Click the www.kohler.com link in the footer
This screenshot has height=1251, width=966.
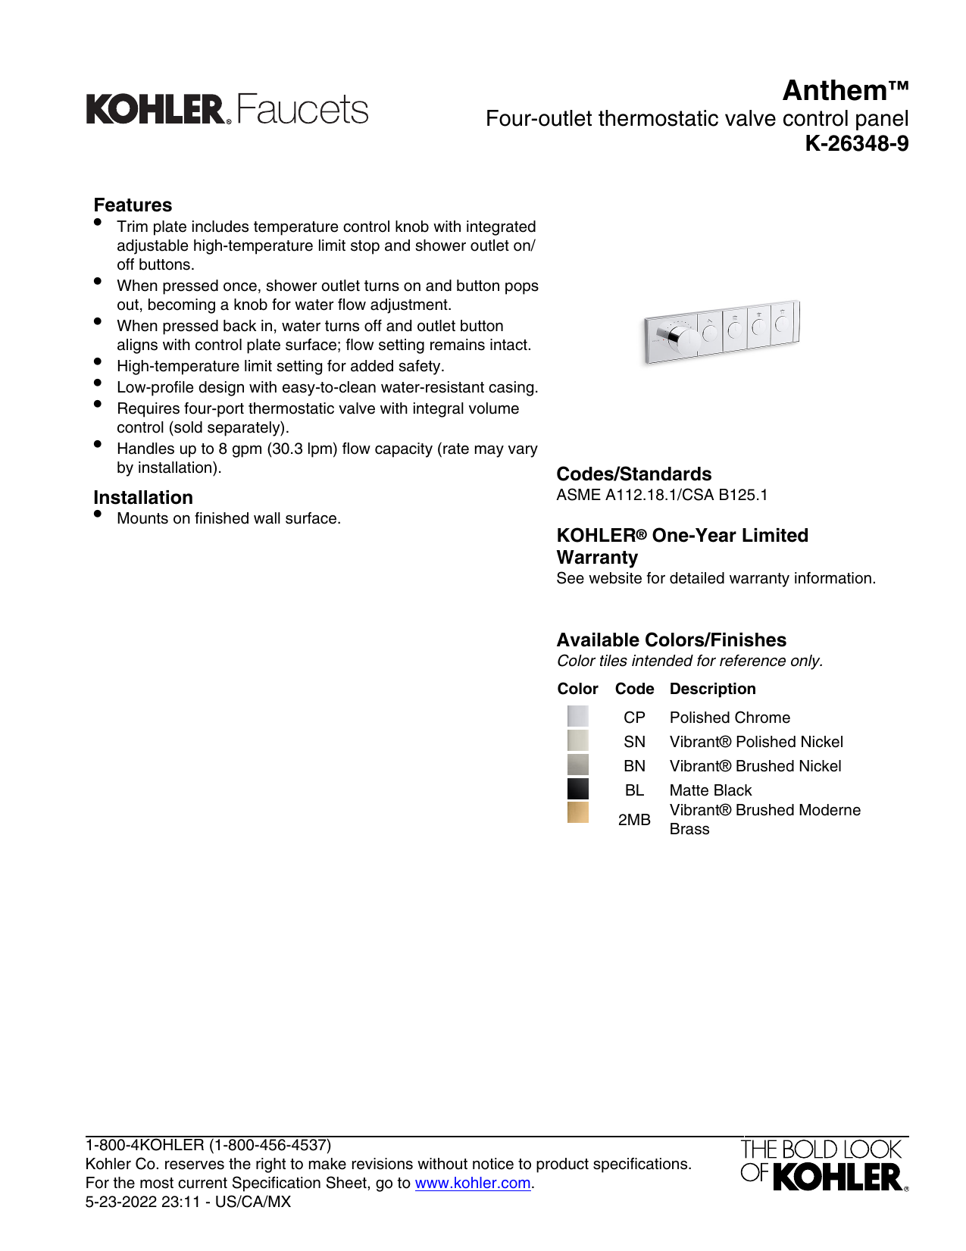click(x=472, y=1183)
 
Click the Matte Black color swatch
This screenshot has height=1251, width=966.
click(x=577, y=789)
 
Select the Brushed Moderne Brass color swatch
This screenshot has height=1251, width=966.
click(x=577, y=812)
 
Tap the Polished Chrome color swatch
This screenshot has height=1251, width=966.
click(x=577, y=716)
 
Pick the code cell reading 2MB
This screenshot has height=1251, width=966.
click(x=634, y=820)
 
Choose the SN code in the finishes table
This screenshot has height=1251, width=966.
click(x=634, y=742)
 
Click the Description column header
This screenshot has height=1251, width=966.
click(x=712, y=689)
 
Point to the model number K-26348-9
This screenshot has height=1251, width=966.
click(x=856, y=143)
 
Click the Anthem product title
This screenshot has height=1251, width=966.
click(x=845, y=91)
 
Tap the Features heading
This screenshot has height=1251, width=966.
click(x=133, y=205)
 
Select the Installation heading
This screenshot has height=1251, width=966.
click(x=143, y=498)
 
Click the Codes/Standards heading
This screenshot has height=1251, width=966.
click(x=633, y=474)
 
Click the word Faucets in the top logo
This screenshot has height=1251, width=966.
click(x=302, y=110)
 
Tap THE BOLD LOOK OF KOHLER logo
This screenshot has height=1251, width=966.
click(x=824, y=1165)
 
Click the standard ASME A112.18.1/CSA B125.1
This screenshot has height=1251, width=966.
click(x=661, y=495)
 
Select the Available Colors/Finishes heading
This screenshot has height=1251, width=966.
click(x=671, y=640)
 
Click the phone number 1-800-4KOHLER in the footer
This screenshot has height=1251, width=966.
click(x=208, y=1145)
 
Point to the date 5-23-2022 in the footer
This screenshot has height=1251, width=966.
click(x=121, y=1202)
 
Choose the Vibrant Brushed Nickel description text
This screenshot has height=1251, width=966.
click(x=755, y=766)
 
